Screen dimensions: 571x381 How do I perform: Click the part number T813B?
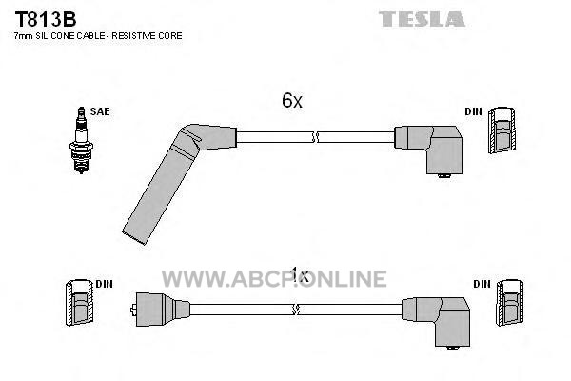[45, 19]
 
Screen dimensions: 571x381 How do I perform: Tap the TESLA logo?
[422, 19]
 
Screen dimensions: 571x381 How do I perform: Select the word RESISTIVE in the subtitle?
[133, 36]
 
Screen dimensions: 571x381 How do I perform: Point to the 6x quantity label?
[292, 100]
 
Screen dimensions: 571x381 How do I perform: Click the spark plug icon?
[81, 140]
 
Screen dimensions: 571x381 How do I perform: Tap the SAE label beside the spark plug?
[100, 111]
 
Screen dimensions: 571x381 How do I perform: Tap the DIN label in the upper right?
[473, 111]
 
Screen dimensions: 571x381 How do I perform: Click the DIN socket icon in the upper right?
[502, 130]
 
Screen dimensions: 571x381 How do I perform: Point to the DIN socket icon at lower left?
[79, 302]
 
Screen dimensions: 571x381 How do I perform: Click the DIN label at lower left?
[104, 284]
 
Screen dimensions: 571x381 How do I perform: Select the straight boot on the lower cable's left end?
[160, 310]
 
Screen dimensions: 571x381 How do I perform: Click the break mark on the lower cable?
[296, 310]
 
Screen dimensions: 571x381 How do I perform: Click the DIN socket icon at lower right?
[510, 302]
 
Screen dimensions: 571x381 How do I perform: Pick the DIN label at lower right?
[482, 284]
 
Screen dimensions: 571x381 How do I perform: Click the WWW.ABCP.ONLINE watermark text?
[274, 279]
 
